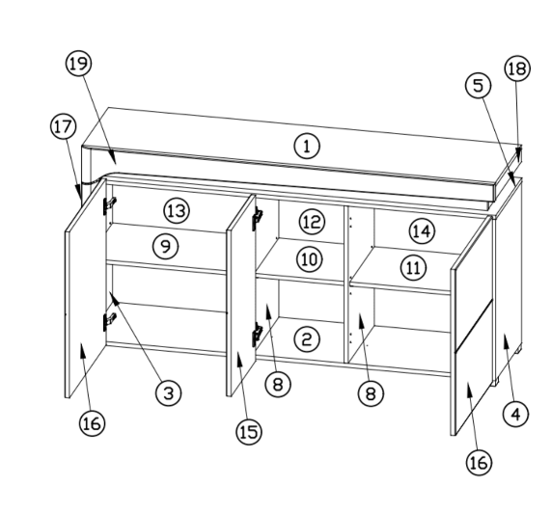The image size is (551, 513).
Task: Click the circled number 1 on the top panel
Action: click(x=307, y=146)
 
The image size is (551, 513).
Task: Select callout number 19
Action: click(x=78, y=64)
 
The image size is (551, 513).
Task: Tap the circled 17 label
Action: click(x=64, y=126)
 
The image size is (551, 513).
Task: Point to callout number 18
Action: click(x=517, y=68)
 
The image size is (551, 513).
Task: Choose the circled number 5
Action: click(x=479, y=86)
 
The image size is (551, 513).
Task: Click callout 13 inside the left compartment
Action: click(x=177, y=210)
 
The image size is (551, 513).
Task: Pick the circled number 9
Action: click(x=166, y=247)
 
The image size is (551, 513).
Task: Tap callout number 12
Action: click(x=312, y=222)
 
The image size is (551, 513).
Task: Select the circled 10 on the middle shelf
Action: click(x=310, y=259)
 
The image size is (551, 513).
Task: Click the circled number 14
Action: click(x=422, y=231)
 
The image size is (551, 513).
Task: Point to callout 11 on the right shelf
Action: click(x=413, y=268)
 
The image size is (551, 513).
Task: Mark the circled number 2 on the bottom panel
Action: click(x=307, y=339)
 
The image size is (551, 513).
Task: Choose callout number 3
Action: click(x=169, y=392)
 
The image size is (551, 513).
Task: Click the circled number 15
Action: click(x=249, y=432)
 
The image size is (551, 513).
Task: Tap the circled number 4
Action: click(x=515, y=415)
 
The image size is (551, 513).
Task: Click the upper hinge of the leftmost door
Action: click(x=109, y=205)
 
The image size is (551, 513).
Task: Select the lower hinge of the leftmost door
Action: click(x=109, y=321)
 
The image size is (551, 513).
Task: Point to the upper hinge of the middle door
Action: click(x=258, y=218)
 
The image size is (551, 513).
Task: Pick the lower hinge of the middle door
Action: click(x=258, y=335)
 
